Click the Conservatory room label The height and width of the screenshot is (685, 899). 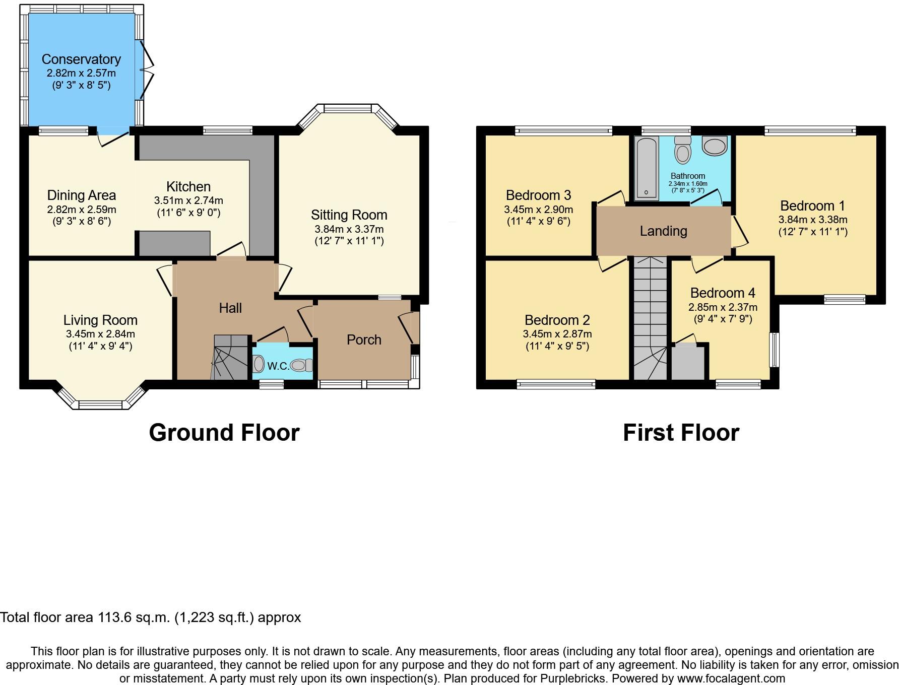click(x=81, y=59)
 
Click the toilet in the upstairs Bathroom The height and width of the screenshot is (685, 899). click(x=683, y=150)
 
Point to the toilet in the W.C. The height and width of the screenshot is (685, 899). click(x=302, y=365)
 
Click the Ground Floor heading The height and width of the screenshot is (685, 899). click(x=224, y=433)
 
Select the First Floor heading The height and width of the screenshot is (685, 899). click(x=681, y=433)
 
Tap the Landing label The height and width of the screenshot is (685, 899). click(x=663, y=231)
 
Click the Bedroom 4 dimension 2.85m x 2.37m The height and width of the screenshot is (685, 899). click(x=723, y=307)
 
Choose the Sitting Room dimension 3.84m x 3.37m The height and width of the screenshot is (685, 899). click(x=349, y=229)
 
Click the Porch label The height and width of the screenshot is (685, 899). click(x=364, y=340)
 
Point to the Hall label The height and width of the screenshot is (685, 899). click(x=230, y=308)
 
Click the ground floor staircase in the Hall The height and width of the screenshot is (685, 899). click(x=231, y=359)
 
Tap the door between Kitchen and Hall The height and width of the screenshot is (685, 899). click(x=232, y=251)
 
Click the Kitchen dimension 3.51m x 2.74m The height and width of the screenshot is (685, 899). click(x=188, y=200)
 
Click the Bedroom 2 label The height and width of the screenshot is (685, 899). click(x=557, y=320)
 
